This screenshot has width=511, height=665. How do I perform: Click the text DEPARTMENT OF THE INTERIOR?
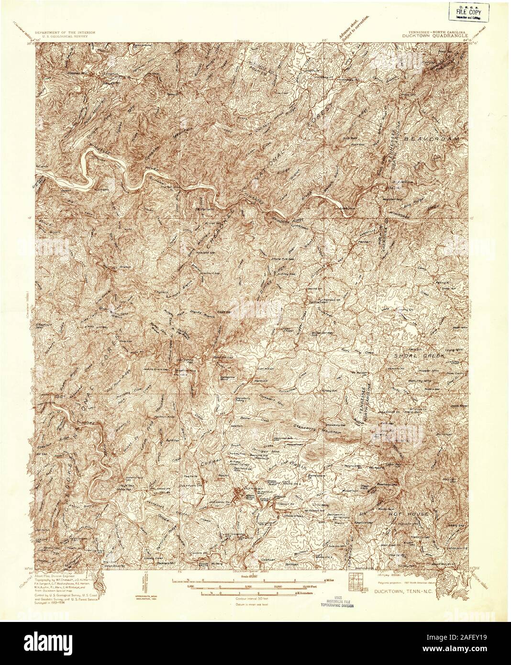(x=68, y=31)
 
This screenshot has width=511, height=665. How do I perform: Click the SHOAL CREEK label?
(x=413, y=356)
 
